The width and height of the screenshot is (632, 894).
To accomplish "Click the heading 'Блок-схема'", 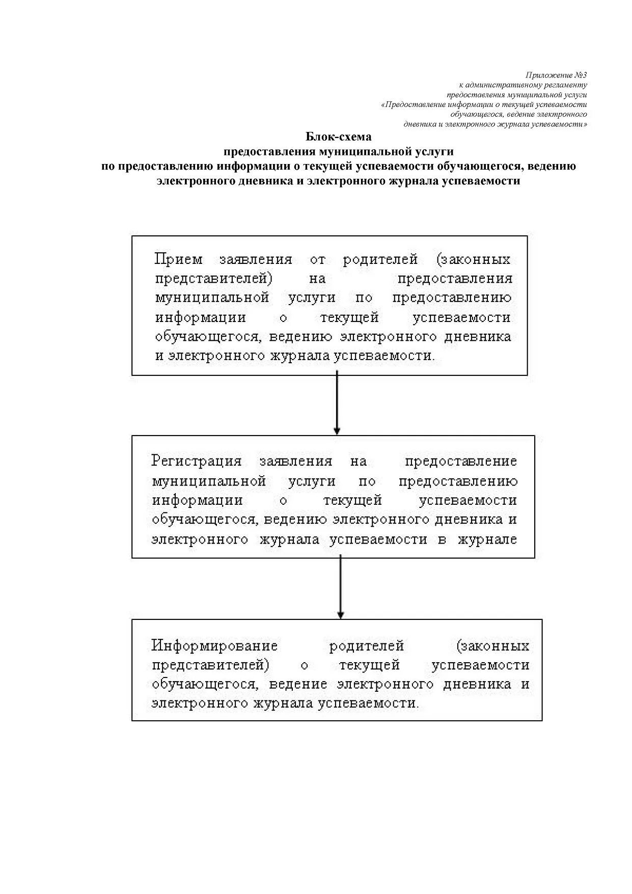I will pos(338,137).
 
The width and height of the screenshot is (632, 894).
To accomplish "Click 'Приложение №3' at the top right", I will pos(556,75).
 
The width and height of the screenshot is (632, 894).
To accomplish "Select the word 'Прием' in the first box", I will pos(178,259).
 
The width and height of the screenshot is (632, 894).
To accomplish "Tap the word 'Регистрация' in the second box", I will pos(196,461).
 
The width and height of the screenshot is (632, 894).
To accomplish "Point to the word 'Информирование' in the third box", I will pos(214,646).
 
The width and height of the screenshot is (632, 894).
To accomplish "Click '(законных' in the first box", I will pos(473,259).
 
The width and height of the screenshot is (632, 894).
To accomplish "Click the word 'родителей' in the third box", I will pos(366,646).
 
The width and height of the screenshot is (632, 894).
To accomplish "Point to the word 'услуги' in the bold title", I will pos(434,151).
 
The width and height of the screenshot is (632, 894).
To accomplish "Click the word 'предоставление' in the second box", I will pos(460,461).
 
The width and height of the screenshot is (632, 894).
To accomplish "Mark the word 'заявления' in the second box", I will pos(295,461).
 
